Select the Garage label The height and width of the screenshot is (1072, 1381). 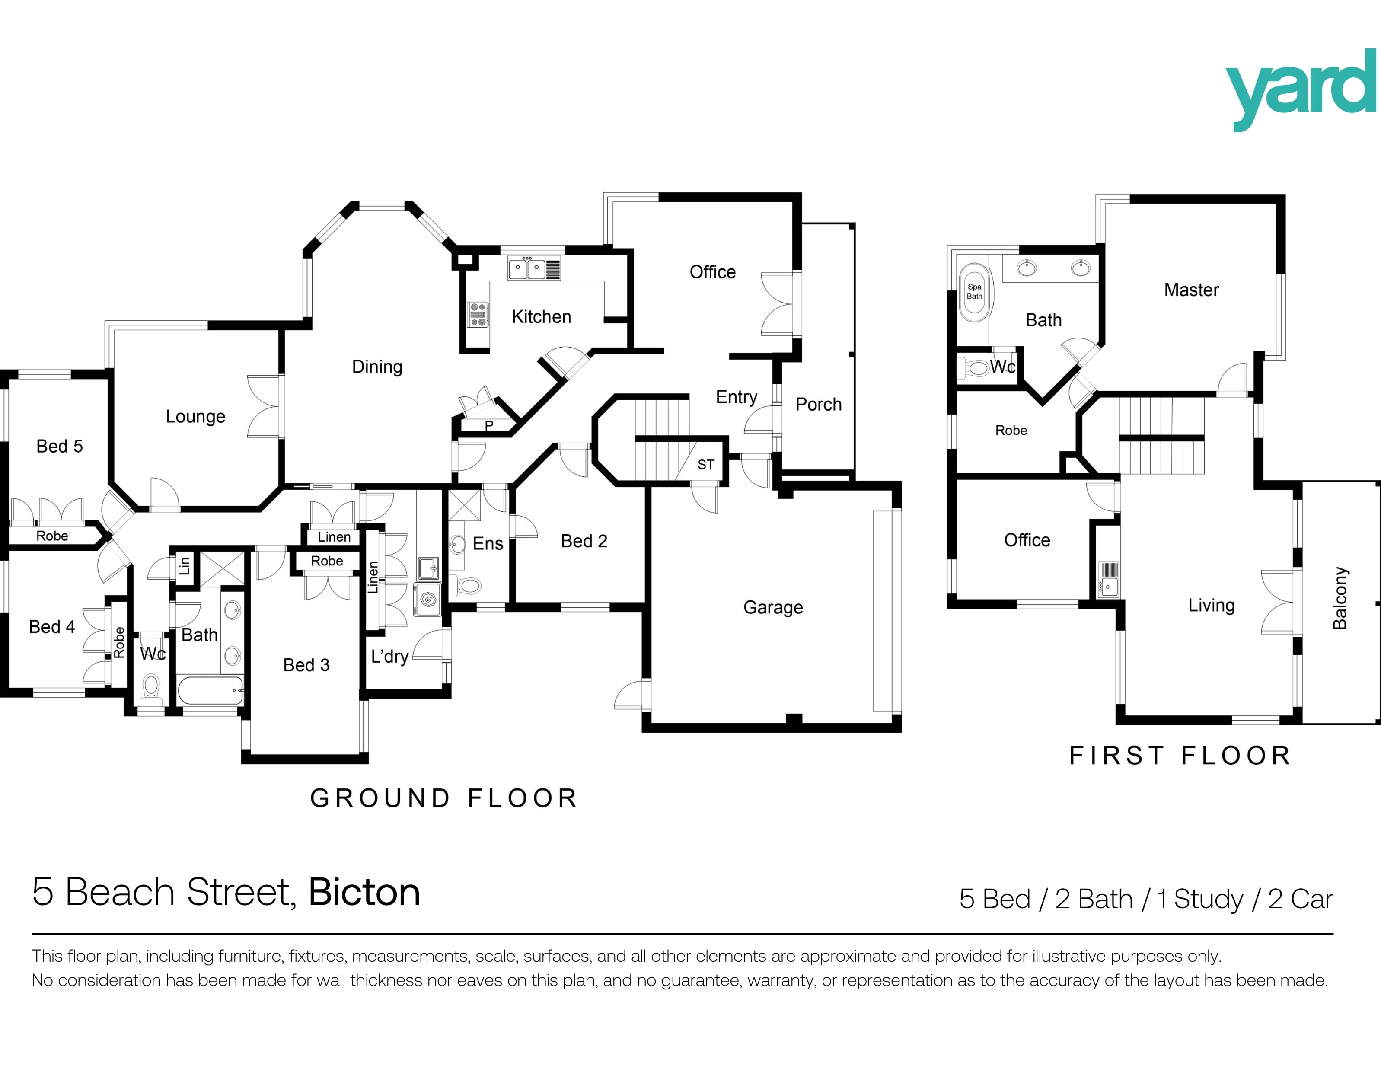(x=773, y=607)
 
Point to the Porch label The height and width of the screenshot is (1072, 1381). (x=818, y=404)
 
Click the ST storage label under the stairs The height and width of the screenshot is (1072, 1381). (x=706, y=465)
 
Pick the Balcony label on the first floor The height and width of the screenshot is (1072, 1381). (x=1340, y=598)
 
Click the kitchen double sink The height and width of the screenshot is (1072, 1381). (x=527, y=269)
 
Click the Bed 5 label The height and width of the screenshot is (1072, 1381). (x=60, y=447)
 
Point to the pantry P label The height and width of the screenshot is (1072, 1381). (x=489, y=426)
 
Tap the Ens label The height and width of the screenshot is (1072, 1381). (x=488, y=543)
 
